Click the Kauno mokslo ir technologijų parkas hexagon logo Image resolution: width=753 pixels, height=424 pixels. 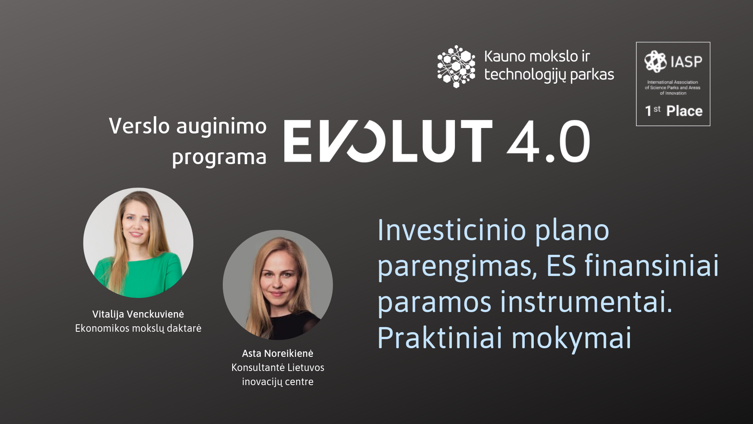(456, 66)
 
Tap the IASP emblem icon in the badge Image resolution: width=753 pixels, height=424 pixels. (655, 62)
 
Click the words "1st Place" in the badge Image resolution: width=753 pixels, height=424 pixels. (674, 111)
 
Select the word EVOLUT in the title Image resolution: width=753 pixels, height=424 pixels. (388, 141)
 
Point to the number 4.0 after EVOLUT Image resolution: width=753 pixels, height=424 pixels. (548, 141)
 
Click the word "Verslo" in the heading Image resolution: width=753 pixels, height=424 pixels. (139, 126)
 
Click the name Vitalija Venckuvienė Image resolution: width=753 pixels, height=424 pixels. (138, 314)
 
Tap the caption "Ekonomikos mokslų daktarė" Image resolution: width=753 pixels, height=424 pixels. (138, 328)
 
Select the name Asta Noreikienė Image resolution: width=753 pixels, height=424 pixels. (278, 353)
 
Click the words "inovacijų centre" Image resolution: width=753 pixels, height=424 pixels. (278, 382)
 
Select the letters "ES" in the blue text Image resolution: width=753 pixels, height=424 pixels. (561, 266)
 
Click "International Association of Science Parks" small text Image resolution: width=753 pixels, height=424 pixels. (673, 85)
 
